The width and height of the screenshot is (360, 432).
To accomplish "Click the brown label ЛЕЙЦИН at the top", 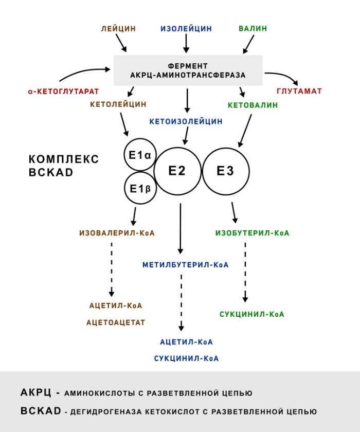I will (x=119, y=29).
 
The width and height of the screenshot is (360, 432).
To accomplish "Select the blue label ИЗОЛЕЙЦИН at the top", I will (x=186, y=29).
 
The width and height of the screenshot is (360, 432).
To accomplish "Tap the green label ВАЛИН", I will (x=253, y=29).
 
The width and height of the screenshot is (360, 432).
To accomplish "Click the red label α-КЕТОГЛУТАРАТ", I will (x=63, y=92).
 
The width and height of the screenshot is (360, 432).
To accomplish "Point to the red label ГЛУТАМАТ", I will (x=299, y=92).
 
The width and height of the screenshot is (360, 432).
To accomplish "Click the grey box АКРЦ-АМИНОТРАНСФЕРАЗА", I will (x=188, y=70).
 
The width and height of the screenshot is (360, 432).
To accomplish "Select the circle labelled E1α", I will (x=140, y=154).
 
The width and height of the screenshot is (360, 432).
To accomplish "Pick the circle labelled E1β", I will (x=140, y=189).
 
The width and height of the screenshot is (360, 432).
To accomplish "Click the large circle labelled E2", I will (x=177, y=171).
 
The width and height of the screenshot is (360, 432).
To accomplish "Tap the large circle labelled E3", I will (x=226, y=171).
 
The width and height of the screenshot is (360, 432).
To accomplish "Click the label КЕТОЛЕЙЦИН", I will (x=118, y=104).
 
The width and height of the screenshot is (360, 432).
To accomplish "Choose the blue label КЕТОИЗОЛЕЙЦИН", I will (x=186, y=122).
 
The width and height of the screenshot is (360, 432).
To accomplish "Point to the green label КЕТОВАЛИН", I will (x=253, y=105).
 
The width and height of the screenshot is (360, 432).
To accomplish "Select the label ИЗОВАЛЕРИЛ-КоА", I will (x=117, y=233).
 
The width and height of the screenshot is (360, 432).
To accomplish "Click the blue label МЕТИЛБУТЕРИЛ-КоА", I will (x=186, y=265).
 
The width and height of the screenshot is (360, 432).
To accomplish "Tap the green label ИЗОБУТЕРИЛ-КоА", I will (x=252, y=233).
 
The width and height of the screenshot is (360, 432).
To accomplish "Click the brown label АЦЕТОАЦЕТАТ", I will (x=116, y=323).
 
